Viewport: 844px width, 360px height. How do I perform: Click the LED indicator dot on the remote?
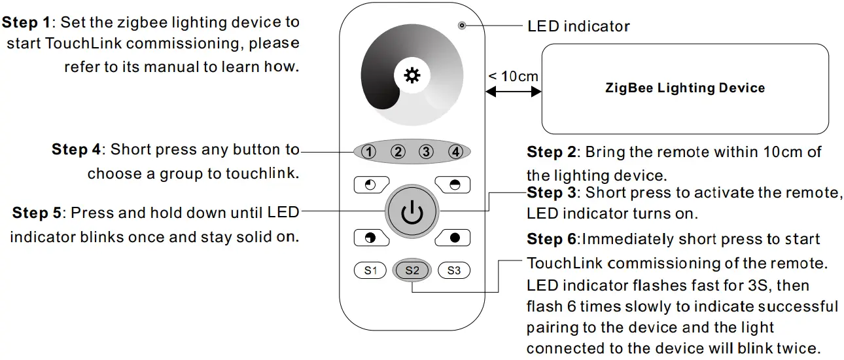pos(462,26)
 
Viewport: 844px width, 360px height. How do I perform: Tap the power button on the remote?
pos(412,213)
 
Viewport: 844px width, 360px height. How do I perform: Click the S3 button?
pos(454,270)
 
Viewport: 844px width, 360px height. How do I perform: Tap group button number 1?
pos(369,153)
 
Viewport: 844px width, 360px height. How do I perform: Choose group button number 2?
pos(398,153)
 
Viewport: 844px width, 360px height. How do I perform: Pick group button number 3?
pos(427,153)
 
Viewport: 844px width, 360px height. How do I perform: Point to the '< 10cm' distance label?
pos(512,76)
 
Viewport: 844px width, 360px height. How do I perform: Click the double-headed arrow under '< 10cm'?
pos(512,93)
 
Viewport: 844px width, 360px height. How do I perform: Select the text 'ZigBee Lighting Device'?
pos(685,88)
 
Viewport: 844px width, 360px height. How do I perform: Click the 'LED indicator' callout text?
pos(578,26)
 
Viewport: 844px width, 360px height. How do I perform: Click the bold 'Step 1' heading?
pos(27,22)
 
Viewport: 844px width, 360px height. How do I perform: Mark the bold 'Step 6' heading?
pos(551,240)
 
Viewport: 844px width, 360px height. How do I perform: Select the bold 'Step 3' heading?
pos(551,192)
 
